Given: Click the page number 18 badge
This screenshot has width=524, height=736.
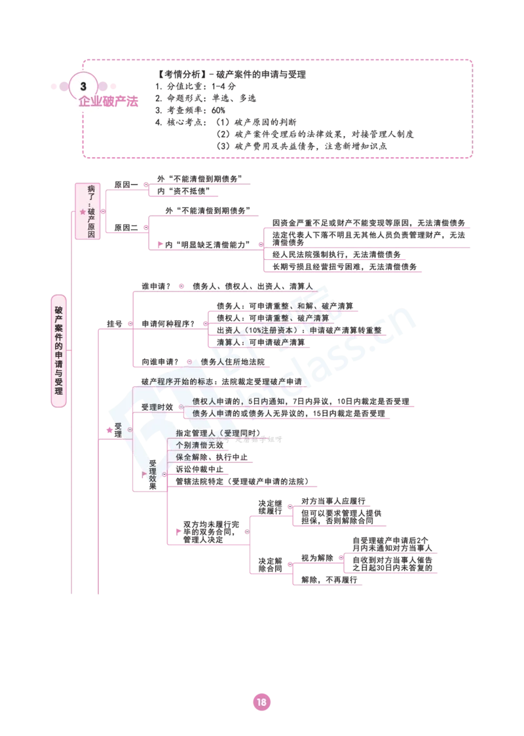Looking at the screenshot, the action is point(261,702).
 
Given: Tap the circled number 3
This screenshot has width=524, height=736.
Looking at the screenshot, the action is point(83,86).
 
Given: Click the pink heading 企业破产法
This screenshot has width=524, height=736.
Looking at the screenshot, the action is point(108,101).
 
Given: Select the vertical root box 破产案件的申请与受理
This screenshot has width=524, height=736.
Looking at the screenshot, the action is point(59,350).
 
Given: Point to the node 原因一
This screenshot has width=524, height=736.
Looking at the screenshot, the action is point(126,185).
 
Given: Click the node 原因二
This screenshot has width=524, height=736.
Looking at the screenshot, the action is point(126,228).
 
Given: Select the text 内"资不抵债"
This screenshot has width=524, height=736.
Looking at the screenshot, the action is point(183,191).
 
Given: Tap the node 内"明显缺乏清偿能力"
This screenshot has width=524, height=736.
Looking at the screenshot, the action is point(207,244).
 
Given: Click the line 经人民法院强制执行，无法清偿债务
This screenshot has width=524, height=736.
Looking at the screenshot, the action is point(337,255).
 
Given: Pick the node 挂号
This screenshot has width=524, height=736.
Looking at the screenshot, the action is point(114,324).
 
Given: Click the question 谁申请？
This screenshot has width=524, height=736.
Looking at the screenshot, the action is point(156,286).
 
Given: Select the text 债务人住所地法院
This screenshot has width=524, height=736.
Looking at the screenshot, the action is point(233,362).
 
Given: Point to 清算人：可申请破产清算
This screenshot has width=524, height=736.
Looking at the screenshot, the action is point(261,342).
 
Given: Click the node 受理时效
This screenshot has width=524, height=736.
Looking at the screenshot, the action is point(157,407).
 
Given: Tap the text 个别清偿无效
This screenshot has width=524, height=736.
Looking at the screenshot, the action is point(200,445).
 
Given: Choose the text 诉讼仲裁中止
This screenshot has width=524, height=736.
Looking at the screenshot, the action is point(200,469).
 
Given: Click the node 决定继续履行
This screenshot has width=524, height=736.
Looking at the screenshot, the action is point(270,507).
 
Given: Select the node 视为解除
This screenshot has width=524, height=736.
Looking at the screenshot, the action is point(317,558).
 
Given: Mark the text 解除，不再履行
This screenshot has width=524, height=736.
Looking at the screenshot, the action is point(329,580).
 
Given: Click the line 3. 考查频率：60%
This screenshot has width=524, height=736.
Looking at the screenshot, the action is point(190,110).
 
